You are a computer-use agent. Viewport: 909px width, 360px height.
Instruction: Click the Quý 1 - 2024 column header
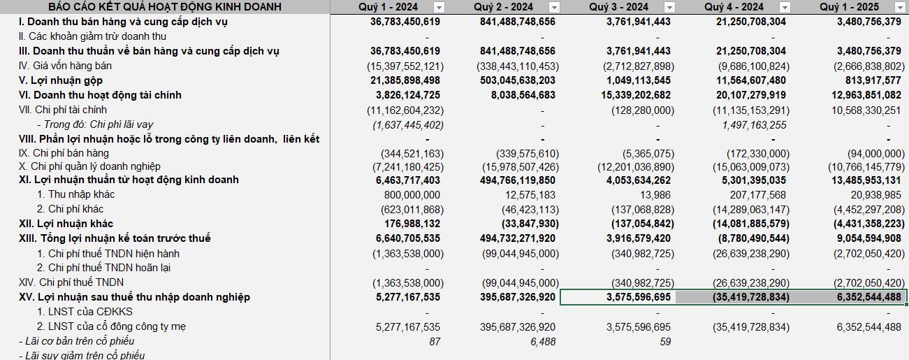[x=388, y=7]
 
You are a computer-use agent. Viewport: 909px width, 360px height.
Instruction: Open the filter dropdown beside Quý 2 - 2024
[x=554, y=7]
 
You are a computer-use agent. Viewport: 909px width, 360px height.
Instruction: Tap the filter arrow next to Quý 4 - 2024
[x=785, y=7]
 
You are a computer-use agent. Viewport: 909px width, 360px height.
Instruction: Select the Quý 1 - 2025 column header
[x=849, y=7]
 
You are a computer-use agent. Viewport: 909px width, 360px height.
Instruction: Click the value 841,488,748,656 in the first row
[x=518, y=22]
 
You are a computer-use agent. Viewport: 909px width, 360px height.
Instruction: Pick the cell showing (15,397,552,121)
[x=405, y=66]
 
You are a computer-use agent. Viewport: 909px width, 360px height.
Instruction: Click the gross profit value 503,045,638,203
[x=518, y=80]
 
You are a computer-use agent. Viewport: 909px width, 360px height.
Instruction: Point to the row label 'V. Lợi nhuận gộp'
[x=61, y=80]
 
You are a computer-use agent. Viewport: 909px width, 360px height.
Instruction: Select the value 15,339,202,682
[x=636, y=95]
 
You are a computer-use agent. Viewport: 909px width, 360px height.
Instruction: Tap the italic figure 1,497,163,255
[x=754, y=125]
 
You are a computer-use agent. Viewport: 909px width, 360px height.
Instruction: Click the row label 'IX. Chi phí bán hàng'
[x=64, y=153]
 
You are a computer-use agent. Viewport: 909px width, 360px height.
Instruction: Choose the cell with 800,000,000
[x=412, y=195]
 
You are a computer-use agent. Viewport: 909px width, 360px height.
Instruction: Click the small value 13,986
[x=655, y=195]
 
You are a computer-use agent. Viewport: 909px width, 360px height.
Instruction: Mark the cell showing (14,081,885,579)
[x=750, y=224]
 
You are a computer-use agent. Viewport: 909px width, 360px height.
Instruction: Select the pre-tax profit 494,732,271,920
[x=518, y=238]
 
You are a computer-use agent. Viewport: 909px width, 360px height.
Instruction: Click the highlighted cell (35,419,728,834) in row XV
[x=750, y=297]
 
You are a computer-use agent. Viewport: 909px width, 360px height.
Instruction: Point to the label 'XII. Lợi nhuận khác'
[x=66, y=224]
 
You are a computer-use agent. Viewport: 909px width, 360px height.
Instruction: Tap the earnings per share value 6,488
[x=543, y=342]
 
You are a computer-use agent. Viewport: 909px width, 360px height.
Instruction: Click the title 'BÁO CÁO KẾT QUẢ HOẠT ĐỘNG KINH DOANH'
[x=165, y=7]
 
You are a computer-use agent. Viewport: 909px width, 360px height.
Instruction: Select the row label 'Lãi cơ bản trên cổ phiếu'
[x=80, y=341]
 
